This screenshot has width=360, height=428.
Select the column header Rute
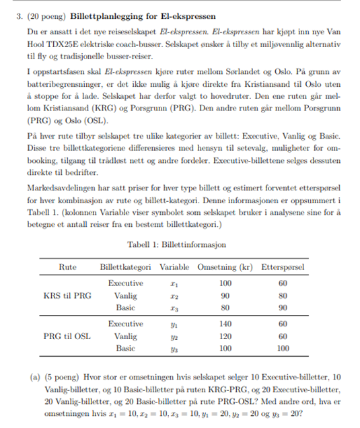67,267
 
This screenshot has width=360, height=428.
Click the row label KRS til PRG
67,295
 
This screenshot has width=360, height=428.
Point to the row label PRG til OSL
67,336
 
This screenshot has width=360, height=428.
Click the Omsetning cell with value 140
225,324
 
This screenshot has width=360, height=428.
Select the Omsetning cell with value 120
225,336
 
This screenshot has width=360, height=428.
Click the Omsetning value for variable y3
225,349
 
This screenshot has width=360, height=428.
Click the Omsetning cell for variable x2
225,295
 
